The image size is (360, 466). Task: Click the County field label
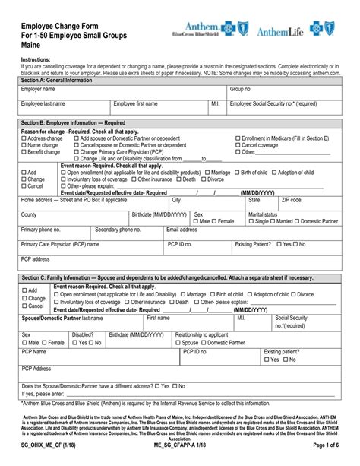[29, 215]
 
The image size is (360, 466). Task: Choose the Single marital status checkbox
[251, 221]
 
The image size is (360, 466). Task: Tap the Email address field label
[182, 229]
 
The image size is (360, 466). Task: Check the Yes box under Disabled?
[74, 343]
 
